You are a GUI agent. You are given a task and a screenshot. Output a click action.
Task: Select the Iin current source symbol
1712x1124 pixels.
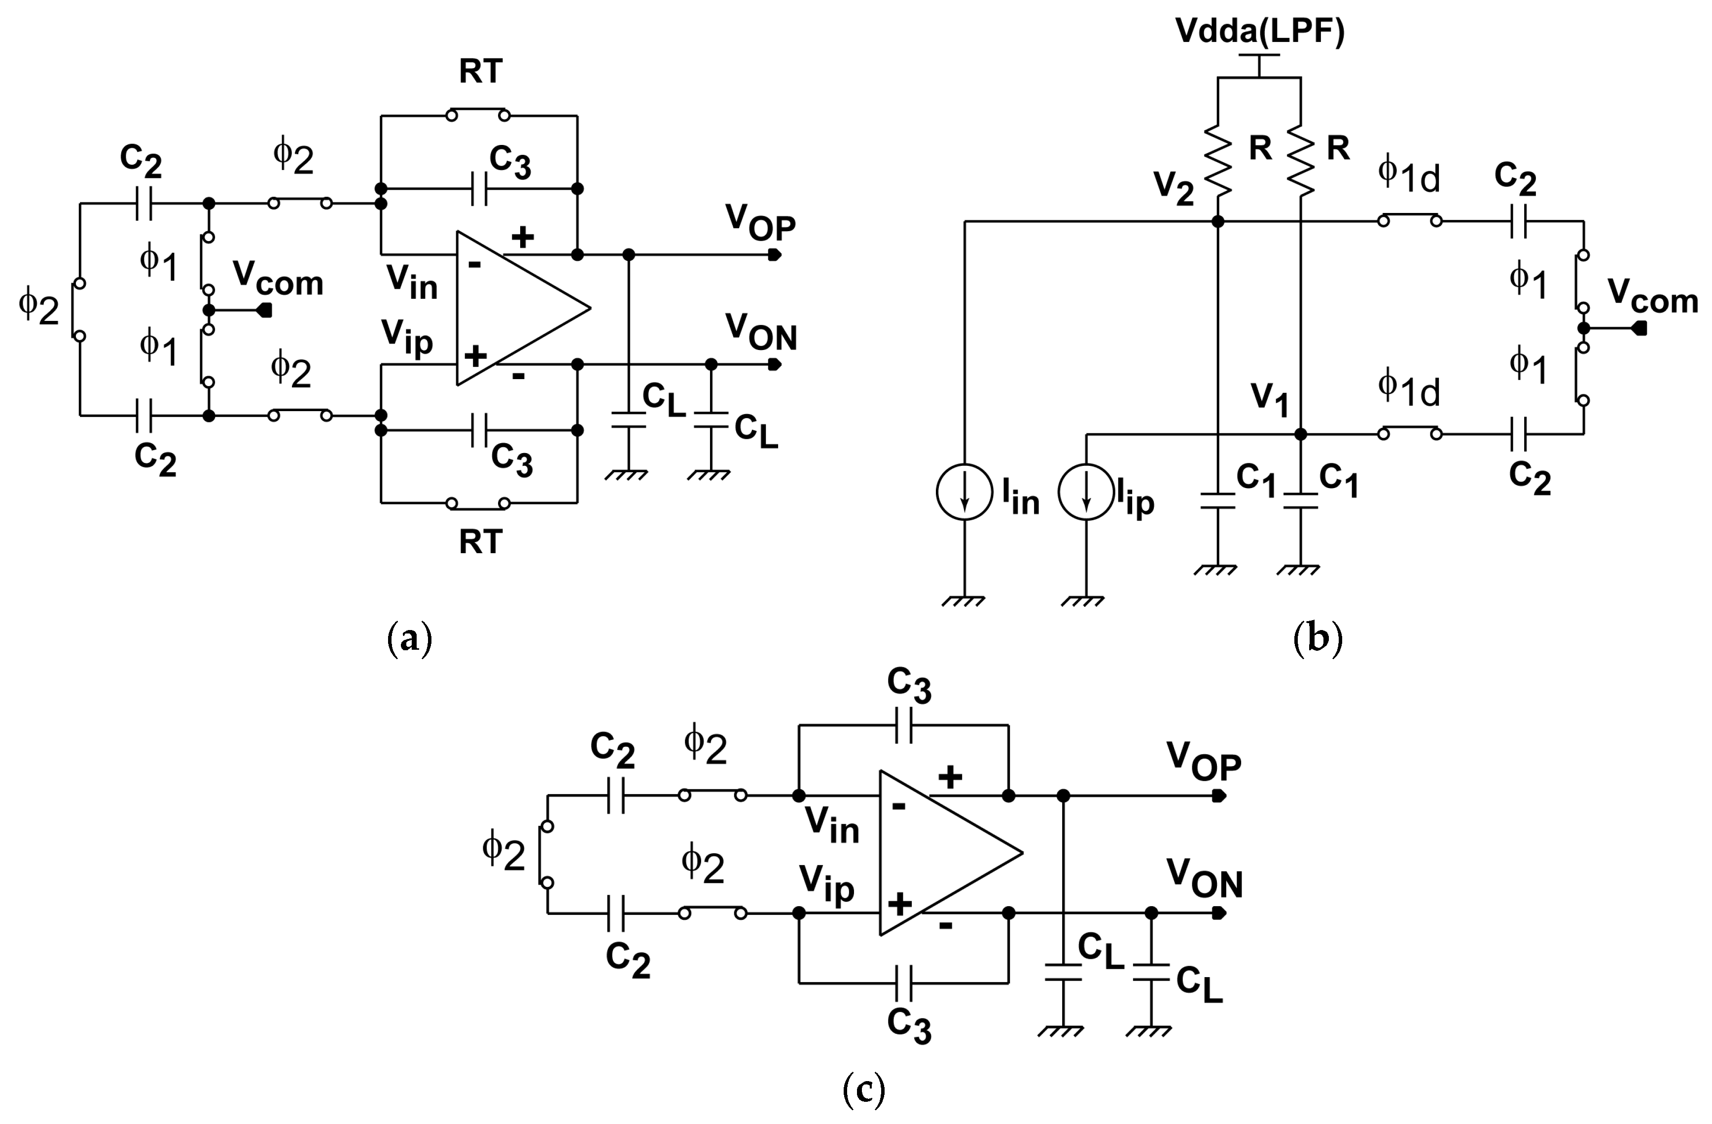point(964,492)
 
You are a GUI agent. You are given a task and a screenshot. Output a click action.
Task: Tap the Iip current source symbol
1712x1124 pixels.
point(1086,492)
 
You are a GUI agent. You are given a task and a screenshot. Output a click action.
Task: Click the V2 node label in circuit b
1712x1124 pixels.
point(1173,188)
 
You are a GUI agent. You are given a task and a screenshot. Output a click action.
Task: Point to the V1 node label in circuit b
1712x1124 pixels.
point(1270,400)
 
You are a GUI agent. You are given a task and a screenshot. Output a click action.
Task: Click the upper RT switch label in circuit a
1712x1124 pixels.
point(480,72)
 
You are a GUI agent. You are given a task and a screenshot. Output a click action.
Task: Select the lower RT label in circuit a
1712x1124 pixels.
point(480,542)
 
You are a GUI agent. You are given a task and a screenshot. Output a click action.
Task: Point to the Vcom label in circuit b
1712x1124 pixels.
point(1652,296)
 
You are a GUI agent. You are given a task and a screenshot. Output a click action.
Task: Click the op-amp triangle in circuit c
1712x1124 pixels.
point(942,854)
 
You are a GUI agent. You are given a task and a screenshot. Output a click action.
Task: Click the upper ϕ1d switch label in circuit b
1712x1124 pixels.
point(1408,176)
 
